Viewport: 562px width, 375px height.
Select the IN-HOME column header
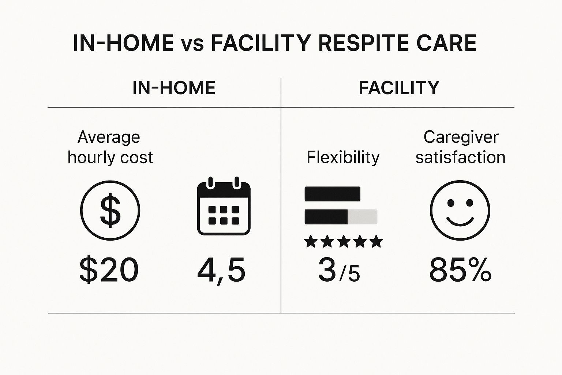(174, 88)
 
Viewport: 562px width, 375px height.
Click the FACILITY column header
(399, 88)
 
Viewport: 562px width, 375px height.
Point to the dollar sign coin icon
(110, 211)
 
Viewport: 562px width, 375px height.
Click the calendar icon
(224, 207)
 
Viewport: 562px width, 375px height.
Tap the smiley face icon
(460, 210)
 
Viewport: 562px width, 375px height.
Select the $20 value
(109, 270)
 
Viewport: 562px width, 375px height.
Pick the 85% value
(460, 270)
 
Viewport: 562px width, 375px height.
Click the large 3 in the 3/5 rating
(327, 270)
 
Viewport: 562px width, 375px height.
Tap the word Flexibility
(343, 157)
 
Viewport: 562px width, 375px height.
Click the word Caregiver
(461, 137)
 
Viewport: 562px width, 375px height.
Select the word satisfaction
(460, 157)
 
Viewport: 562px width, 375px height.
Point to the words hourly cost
(110, 157)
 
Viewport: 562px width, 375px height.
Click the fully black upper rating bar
(332, 194)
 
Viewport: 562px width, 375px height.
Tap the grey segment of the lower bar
(362, 217)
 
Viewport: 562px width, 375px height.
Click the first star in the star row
(311, 242)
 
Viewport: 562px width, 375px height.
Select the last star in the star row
(376, 242)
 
